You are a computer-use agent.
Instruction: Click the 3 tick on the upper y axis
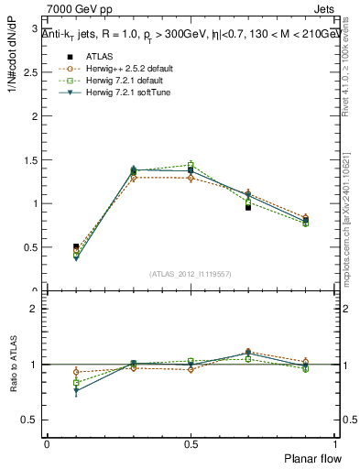(36, 28)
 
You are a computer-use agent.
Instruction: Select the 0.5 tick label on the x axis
(191, 443)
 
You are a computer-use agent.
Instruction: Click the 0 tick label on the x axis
(47, 443)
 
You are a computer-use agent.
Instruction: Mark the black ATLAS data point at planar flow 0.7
(248, 207)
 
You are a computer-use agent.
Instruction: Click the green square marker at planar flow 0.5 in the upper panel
(191, 165)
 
